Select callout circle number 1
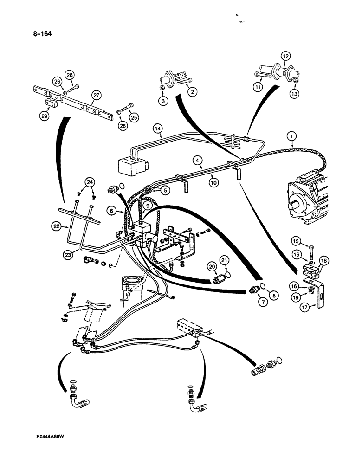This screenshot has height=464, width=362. click(x=291, y=137)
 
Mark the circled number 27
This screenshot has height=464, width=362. click(x=96, y=95)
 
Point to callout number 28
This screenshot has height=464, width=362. click(x=69, y=75)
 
